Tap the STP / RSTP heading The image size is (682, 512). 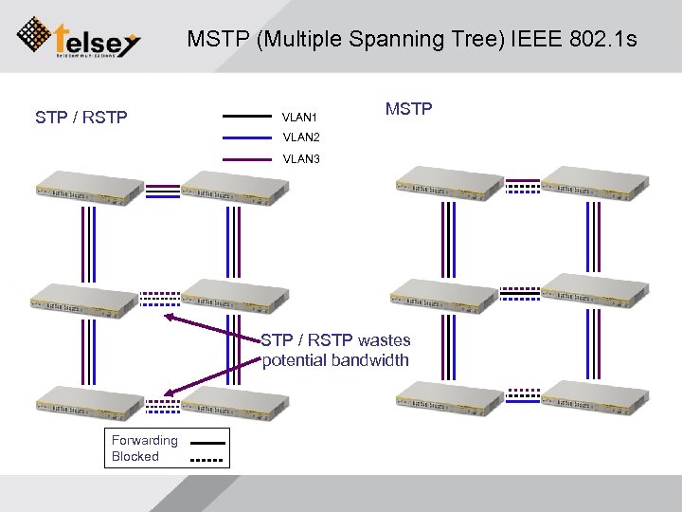pos(81,118)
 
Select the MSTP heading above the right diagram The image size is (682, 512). pos(408,109)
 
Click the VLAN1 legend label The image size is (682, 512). pos(300,118)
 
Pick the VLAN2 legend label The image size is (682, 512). pos(300,138)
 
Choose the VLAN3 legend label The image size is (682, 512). pos(300,159)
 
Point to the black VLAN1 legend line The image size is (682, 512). pos(246,117)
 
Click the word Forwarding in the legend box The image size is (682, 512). pos(144,440)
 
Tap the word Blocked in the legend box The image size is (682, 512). pos(135,456)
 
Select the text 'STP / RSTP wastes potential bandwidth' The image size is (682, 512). pos(335,350)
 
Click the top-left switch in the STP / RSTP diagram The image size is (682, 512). pos(86,183)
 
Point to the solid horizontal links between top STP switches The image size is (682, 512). pos(163,191)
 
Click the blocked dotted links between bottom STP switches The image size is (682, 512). pos(163,407)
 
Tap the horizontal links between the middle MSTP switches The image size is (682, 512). pos(521,293)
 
